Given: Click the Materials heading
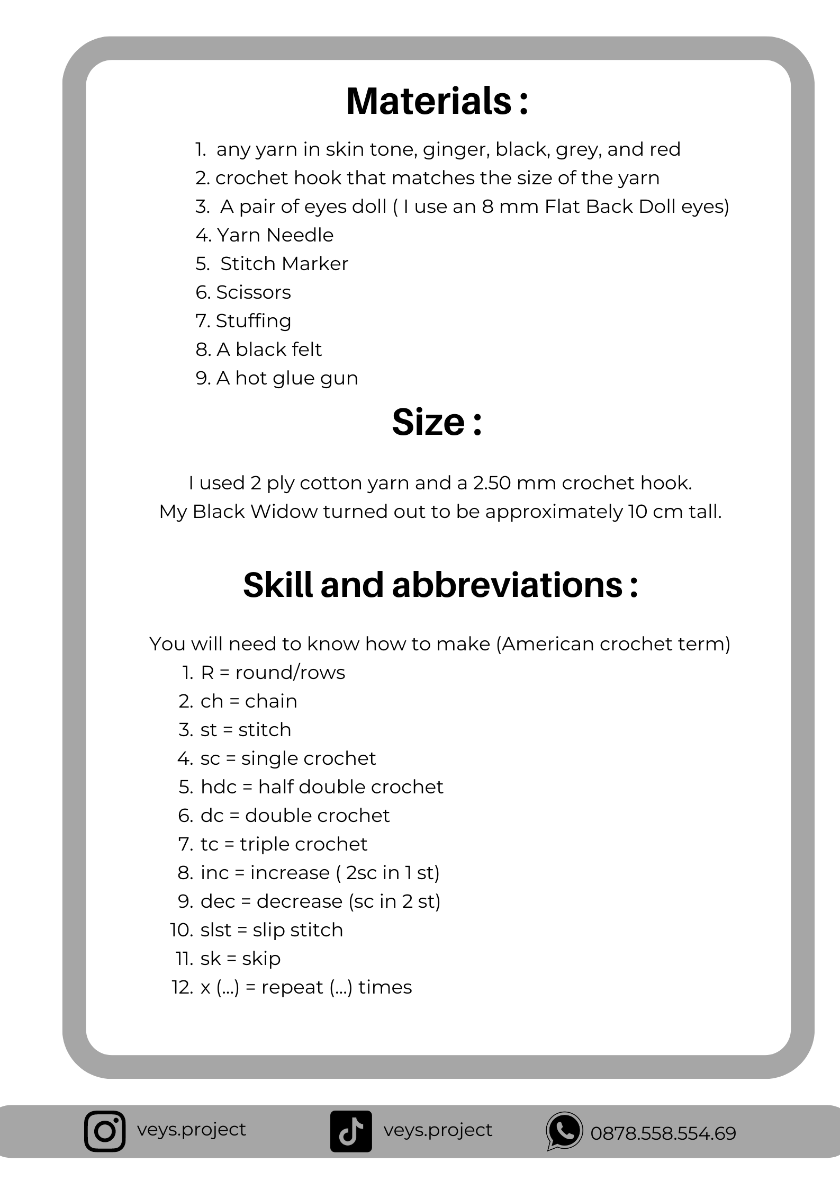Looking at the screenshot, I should point(437,101).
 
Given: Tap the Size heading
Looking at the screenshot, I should point(437,422).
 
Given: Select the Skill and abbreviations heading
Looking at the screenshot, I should point(440,585).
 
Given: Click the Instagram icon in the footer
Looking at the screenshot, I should point(105,1131).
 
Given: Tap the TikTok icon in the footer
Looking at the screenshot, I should point(351,1131).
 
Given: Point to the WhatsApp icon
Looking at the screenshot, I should point(564,1131).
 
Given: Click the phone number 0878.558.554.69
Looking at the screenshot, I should point(663,1133).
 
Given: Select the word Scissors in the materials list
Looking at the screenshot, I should point(254,292).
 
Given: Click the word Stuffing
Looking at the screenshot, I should point(254,321).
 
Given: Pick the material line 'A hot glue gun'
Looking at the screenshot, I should point(287,378).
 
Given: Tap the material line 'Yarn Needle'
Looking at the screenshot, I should point(275,235).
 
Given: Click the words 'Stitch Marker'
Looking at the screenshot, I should point(284,264).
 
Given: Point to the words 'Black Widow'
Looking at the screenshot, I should point(255,512).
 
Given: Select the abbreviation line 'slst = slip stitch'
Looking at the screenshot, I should point(272,930).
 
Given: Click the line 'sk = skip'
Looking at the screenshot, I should point(240,959).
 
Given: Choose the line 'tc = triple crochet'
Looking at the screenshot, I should point(284,844).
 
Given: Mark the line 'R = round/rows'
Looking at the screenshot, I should point(273,673).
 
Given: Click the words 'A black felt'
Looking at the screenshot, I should point(269,350).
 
